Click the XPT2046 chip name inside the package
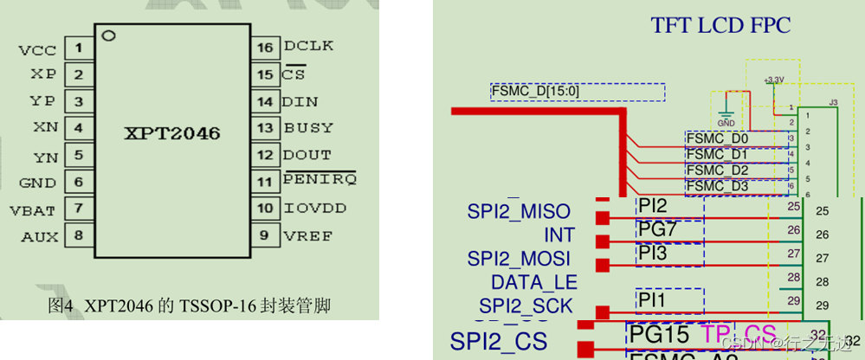point(171,134)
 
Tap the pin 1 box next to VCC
point(79,48)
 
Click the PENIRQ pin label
point(320,182)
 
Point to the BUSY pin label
point(308,128)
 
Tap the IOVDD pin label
point(314,209)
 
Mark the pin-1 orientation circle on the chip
point(109,35)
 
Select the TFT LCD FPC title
point(720,26)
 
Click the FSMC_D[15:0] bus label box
point(578,92)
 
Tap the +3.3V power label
point(774,80)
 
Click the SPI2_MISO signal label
point(519,212)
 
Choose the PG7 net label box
point(669,229)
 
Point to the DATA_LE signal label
point(533,282)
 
